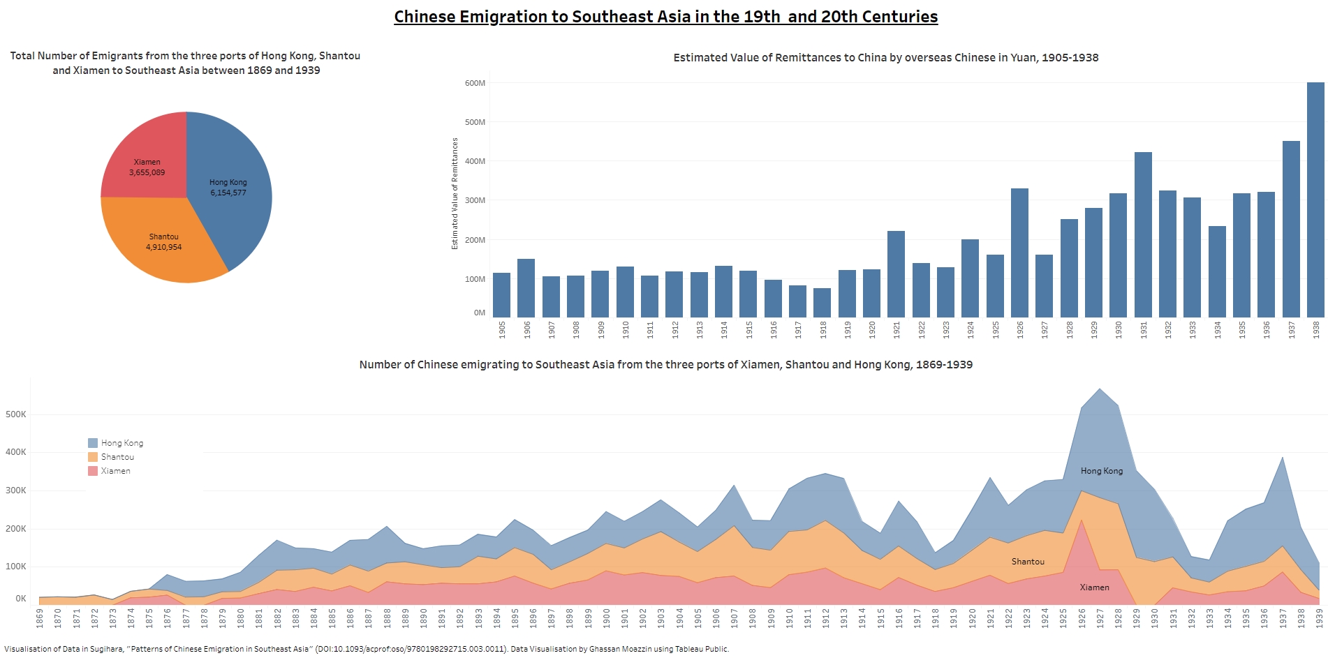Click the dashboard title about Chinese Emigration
tap(665, 17)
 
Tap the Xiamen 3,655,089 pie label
tap(147, 167)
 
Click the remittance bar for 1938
tap(1315, 202)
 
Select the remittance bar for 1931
tap(1143, 237)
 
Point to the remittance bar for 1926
tap(1019, 255)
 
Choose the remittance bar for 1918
tap(822, 303)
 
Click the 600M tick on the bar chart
tap(475, 83)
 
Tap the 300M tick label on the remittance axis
tap(475, 200)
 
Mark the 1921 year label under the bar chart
tap(897, 330)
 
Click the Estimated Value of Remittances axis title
tap(455, 193)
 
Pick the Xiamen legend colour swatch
tap(93, 471)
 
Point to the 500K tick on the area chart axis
tap(16, 414)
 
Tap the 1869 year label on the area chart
tap(40, 617)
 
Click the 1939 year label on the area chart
tap(1319, 617)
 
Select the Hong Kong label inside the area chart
tap(1102, 471)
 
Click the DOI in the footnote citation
tap(410, 649)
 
